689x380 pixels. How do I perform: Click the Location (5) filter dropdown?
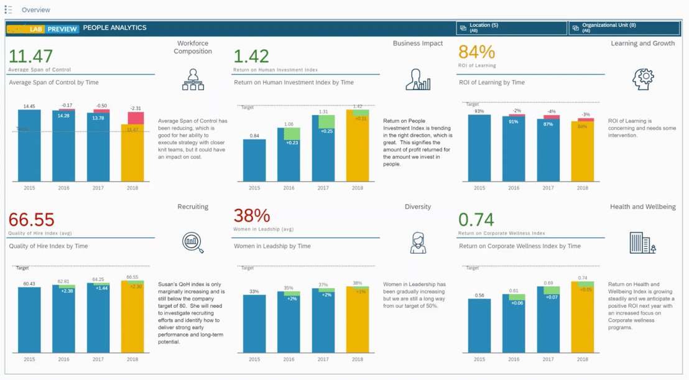pyautogui.click(x=512, y=28)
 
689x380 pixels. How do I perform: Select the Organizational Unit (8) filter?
pyautogui.click(x=624, y=28)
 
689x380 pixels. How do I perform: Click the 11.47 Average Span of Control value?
pyautogui.click(x=30, y=56)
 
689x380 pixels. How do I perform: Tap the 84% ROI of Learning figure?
pyautogui.click(x=476, y=52)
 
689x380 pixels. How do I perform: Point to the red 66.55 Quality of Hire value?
pyautogui.click(x=31, y=220)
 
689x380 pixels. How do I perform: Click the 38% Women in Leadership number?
pyautogui.click(x=252, y=216)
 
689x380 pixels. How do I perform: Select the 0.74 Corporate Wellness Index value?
pyautogui.click(x=476, y=220)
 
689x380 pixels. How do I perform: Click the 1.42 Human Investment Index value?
pyautogui.click(x=251, y=56)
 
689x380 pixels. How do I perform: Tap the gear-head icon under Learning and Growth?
pyautogui.click(x=642, y=79)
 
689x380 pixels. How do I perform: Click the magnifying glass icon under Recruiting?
pyautogui.click(x=193, y=242)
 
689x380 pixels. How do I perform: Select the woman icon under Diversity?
pyautogui.click(x=418, y=243)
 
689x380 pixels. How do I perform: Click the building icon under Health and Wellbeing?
pyautogui.click(x=642, y=243)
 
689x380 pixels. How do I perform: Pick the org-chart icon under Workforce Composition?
pyautogui.click(x=193, y=80)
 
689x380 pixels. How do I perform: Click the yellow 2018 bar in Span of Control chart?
pyautogui.click(x=132, y=153)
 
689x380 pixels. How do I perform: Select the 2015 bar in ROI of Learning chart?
pyautogui.click(x=479, y=148)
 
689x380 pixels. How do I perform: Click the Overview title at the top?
pyautogui.click(x=35, y=10)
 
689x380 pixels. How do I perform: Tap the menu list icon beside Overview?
pyautogui.click(x=8, y=10)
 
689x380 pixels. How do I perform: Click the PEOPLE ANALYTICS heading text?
pyautogui.click(x=114, y=28)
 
